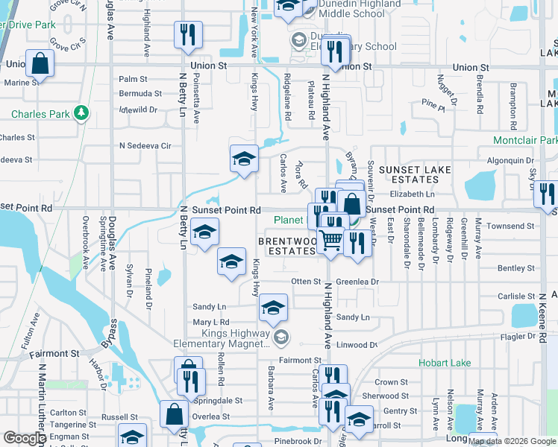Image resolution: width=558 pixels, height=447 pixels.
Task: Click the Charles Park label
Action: point(41,115)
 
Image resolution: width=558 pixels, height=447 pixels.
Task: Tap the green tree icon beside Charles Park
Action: point(80,114)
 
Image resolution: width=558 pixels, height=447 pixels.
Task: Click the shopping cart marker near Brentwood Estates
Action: point(331,240)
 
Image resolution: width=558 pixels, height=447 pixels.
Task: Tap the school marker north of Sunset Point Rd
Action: point(243,158)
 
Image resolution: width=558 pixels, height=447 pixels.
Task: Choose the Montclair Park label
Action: point(525,140)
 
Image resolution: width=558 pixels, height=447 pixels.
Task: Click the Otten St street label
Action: point(305,282)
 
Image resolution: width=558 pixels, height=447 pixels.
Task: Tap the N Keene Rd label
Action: point(543,317)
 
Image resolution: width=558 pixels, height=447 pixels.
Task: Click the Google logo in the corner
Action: point(25,438)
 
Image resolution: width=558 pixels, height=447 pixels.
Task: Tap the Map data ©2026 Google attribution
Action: point(512,441)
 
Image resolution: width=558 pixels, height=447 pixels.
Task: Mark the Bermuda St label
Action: point(140,94)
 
